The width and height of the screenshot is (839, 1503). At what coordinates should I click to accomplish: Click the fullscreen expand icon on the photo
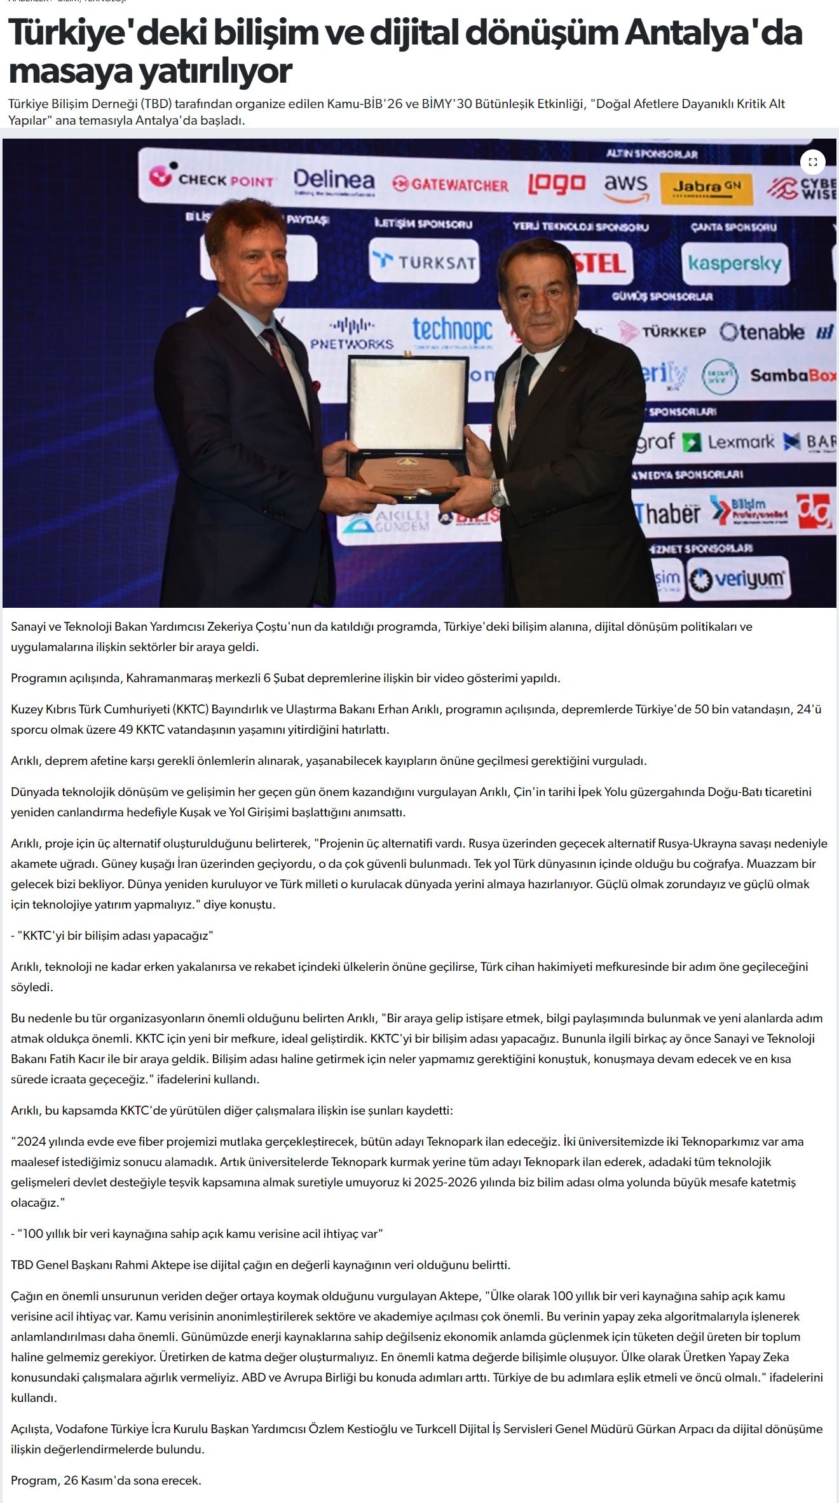click(812, 162)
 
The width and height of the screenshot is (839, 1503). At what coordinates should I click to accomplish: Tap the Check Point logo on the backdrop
click(212, 179)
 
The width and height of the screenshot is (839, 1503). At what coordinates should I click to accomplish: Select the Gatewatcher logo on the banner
click(451, 184)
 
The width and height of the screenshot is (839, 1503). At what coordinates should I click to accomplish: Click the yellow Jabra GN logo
click(707, 188)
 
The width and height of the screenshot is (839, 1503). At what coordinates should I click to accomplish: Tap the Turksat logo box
click(425, 261)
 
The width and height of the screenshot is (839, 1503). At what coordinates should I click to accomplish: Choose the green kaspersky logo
click(735, 263)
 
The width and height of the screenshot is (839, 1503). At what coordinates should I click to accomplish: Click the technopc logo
click(452, 331)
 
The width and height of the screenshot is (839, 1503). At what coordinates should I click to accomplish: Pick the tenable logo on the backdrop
click(763, 332)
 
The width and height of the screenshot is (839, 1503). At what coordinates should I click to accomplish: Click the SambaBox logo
click(792, 376)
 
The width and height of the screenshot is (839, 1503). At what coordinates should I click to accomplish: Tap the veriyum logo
click(739, 579)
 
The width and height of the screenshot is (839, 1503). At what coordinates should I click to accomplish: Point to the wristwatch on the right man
click(497, 491)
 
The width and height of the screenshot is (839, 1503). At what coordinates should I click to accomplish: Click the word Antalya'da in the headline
click(713, 33)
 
